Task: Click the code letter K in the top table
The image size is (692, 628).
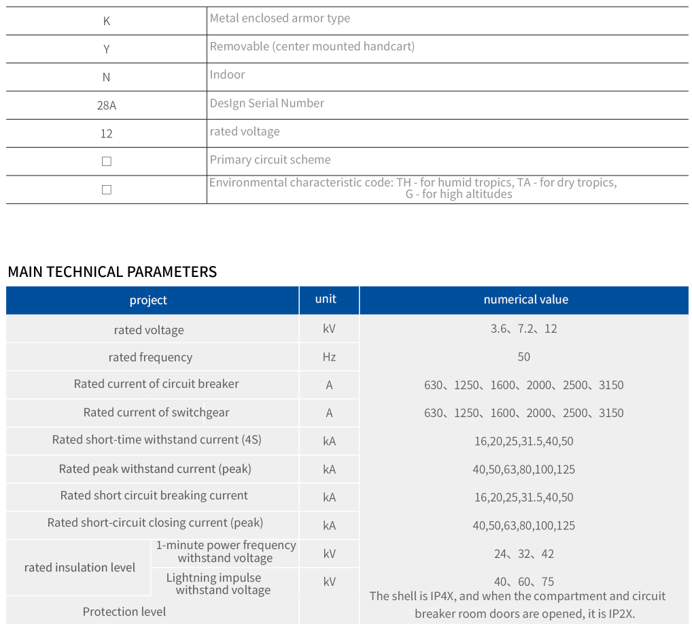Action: (106, 21)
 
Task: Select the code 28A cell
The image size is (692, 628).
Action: (106, 105)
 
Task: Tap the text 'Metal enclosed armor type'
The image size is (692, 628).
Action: (279, 18)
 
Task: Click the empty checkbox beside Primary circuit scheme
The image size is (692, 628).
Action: (106, 162)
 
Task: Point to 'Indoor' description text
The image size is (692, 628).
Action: (227, 75)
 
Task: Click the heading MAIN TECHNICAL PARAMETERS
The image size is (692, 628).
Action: (112, 272)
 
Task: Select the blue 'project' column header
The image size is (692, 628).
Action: (148, 300)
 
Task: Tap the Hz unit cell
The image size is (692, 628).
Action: (329, 357)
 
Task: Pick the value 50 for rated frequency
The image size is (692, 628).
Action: (523, 357)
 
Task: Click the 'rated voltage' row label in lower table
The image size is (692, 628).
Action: (149, 330)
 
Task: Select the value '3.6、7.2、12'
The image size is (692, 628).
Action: (523, 329)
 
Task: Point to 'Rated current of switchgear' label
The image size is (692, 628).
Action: (156, 412)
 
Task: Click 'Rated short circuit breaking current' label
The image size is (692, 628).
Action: (154, 495)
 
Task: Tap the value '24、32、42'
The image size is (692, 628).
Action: (523, 554)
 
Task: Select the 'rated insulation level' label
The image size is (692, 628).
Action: (80, 567)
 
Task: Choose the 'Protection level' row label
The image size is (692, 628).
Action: (124, 612)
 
